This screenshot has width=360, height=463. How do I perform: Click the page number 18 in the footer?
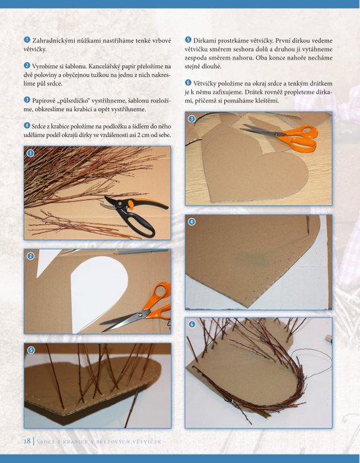27,441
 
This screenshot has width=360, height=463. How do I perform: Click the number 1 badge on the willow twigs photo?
30,153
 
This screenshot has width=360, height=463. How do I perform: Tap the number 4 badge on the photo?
192,222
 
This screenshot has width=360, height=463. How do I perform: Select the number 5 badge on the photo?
30,350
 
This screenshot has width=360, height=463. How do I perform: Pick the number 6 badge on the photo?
192,325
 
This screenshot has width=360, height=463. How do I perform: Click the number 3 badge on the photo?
192,118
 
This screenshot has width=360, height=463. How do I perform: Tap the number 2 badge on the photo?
30,256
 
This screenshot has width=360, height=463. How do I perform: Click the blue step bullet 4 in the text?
27,126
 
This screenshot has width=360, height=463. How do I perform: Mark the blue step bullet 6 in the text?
188,83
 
